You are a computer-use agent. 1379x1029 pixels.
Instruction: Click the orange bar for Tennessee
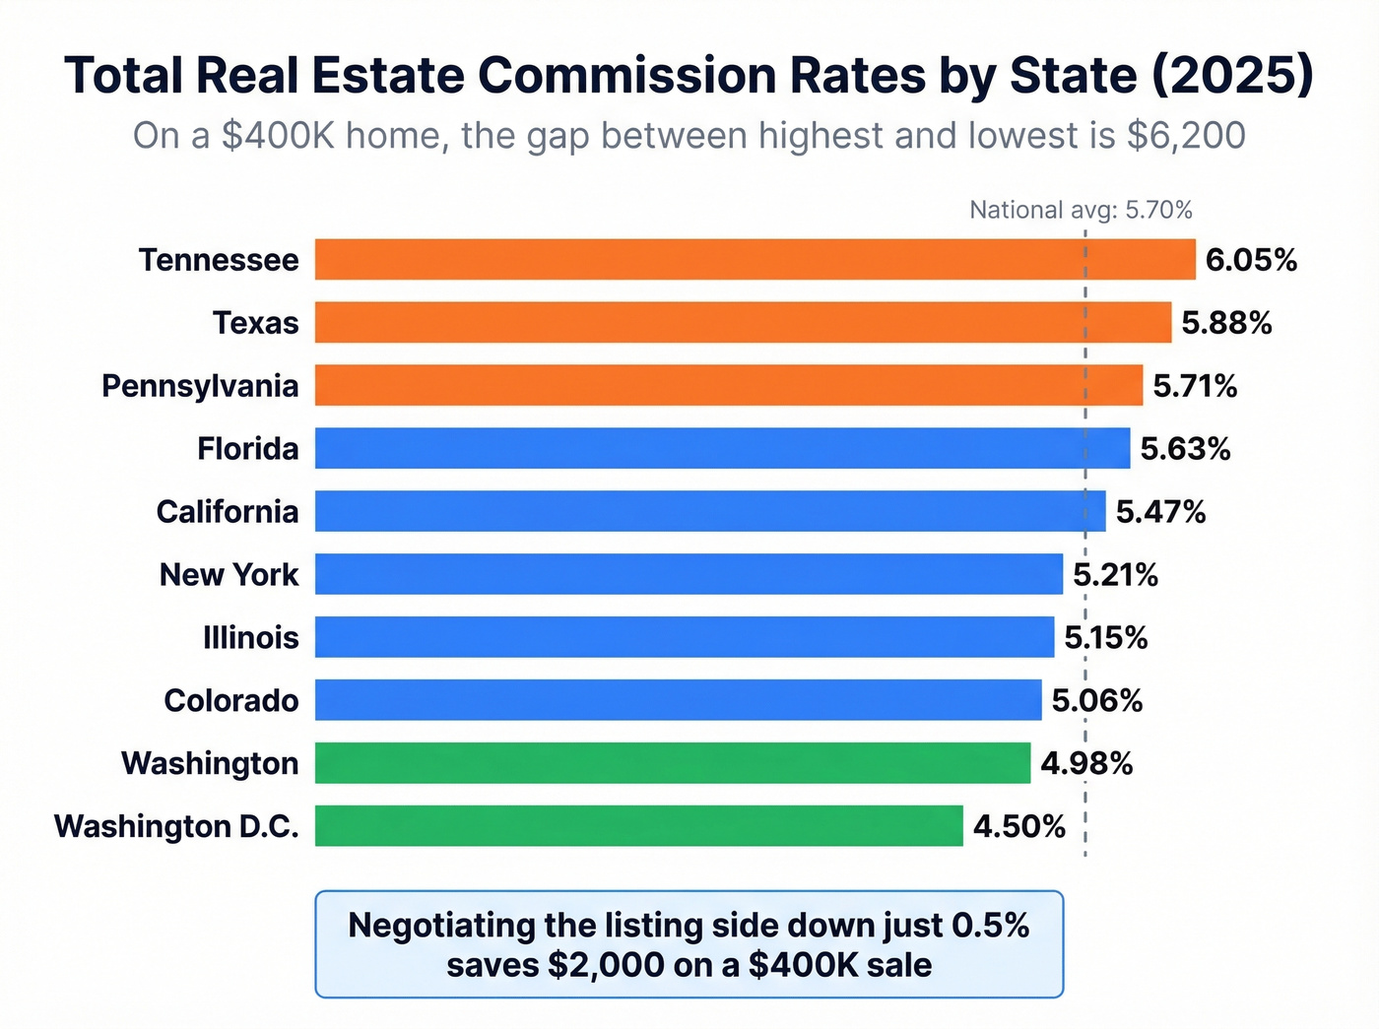click(x=755, y=260)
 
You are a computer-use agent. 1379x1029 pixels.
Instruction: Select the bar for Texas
click(x=743, y=323)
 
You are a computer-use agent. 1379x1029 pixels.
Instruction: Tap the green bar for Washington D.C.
click(x=638, y=826)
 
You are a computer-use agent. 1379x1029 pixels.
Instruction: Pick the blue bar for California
click(x=709, y=512)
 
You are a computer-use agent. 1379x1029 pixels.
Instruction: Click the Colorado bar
click(x=678, y=700)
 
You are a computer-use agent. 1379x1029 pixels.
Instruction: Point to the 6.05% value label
click(x=1251, y=260)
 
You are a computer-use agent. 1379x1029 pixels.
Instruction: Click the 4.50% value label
click(x=1018, y=826)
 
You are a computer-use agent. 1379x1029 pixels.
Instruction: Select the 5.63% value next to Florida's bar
click(x=1185, y=449)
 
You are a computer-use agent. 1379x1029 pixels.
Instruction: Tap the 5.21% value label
click(x=1115, y=575)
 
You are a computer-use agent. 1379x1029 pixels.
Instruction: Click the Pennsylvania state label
click(x=200, y=386)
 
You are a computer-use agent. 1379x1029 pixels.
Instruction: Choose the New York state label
click(x=229, y=575)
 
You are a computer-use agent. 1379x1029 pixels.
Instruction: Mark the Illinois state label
click(x=250, y=638)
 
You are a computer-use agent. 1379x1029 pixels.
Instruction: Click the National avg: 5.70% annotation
click(x=1081, y=210)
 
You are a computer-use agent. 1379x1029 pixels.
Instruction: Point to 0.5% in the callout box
click(x=990, y=926)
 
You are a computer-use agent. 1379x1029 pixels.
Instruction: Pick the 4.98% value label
click(x=1086, y=764)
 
